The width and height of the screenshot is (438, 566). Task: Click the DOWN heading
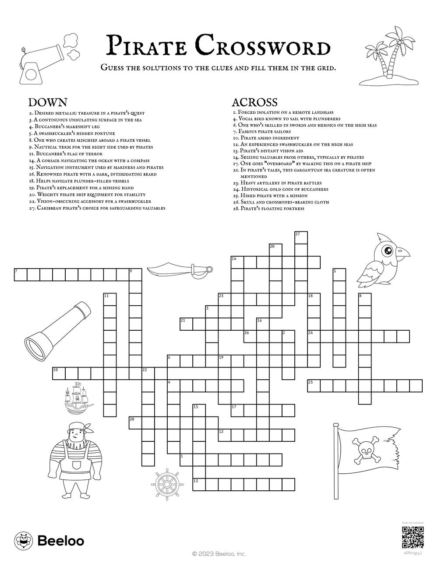pyautogui.click(x=47, y=102)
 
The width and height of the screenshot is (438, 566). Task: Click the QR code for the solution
pyautogui.click(x=412, y=538)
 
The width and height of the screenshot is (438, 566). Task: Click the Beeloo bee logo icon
pyautogui.click(x=23, y=541)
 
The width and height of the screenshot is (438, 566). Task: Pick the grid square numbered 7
pyautogui.click(x=20, y=275)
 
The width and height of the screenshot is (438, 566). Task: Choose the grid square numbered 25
pyautogui.click(x=314, y=386)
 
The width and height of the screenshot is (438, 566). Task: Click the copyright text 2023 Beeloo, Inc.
pyautogui.click(x=219, y=554)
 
